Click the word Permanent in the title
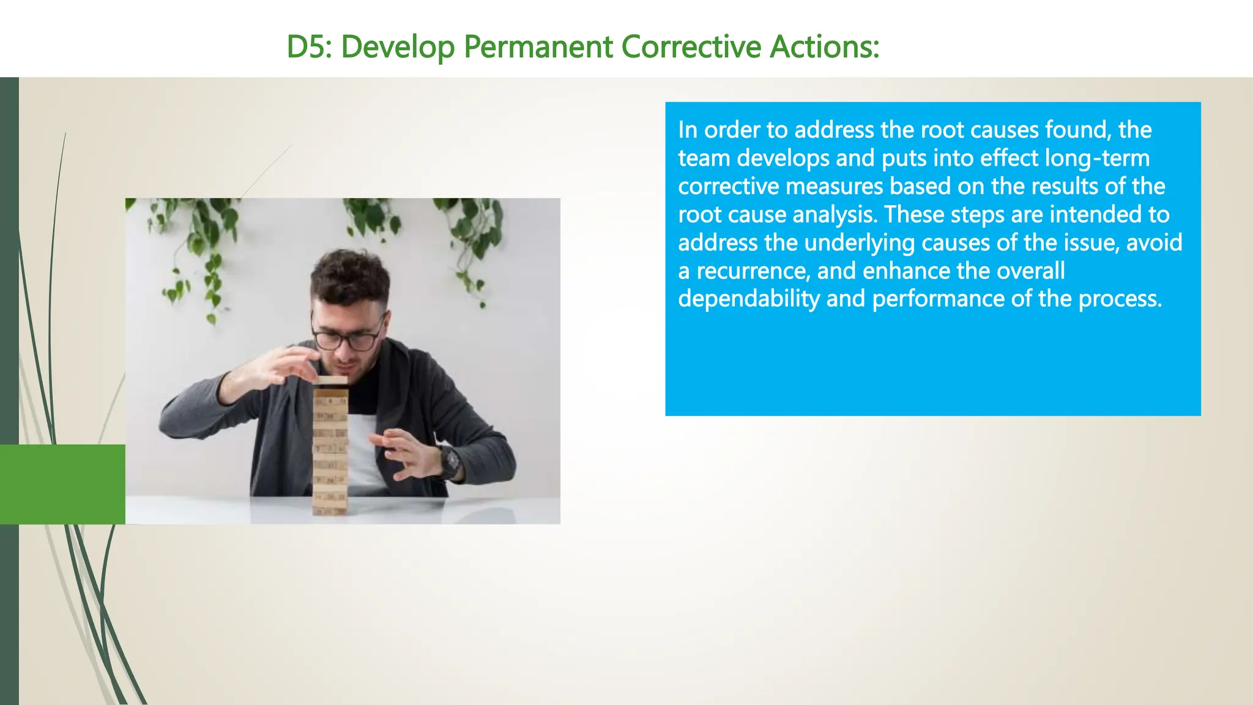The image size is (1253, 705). (538, 47)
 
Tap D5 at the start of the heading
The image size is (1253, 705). (308, 47)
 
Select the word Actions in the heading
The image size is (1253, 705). (824, 47)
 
